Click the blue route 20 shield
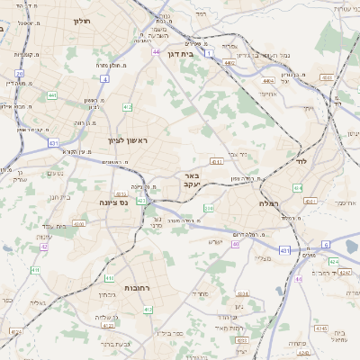pyautogui.click(x=20, y=74)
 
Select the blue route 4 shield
pyautogui.click(x=104, y=79)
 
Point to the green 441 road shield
pyautogui.click(x=51, y=94)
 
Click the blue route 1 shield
pyautogui.click(x=211, y=54)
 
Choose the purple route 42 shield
pyautogui.click(x=44, y=246)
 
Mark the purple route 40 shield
pyautogui.click(x=236, y=244)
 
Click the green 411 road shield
pyautogui.click(x=35, y=270)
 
